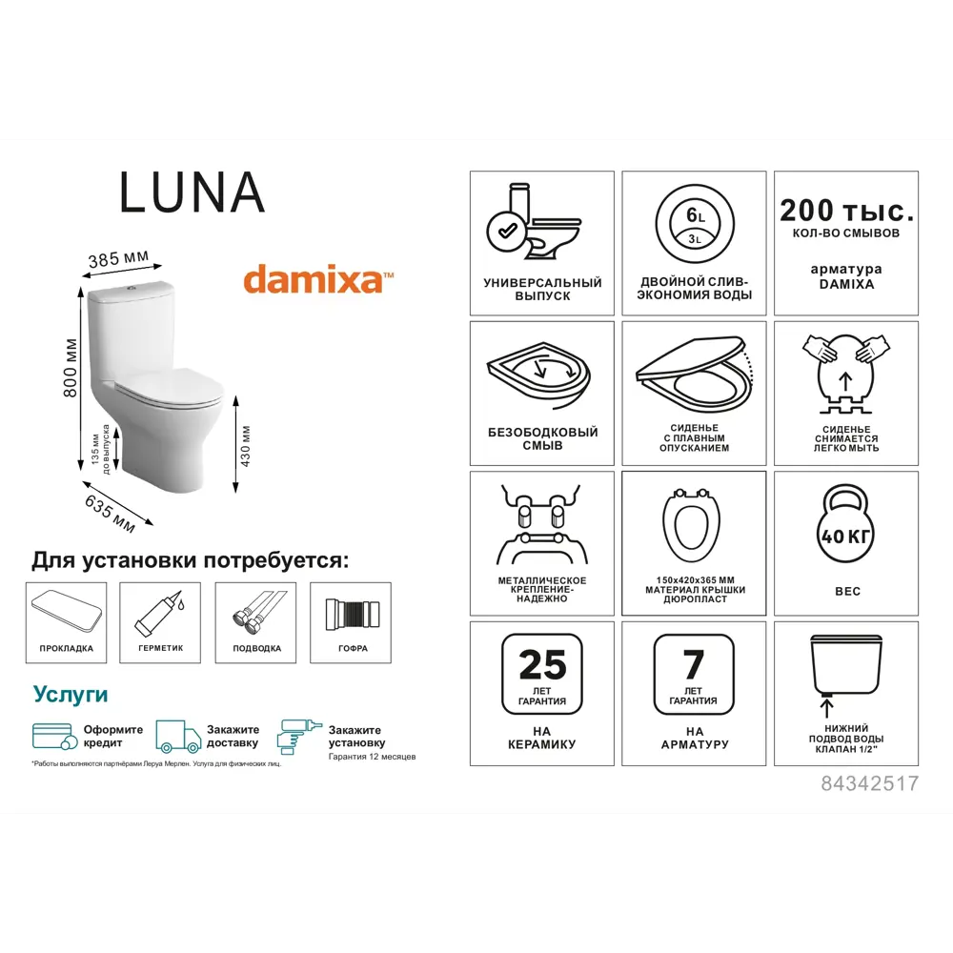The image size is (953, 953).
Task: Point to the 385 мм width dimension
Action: tap(119, 258)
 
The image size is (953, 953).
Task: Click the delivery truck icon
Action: tap(178, 736)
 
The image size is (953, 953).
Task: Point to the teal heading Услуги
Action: tap(71, 693)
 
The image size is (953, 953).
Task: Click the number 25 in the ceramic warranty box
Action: tap(541, 665)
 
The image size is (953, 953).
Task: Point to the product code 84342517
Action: tap(869, 783)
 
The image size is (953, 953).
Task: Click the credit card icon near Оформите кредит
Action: tap(55, 736)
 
